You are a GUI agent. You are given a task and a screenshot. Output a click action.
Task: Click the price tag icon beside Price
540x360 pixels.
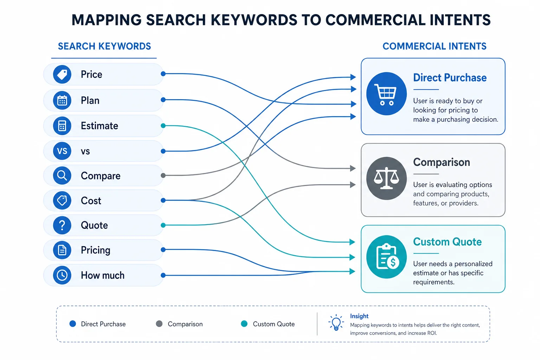click(62, 74)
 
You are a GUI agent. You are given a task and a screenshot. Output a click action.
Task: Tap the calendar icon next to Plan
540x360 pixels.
click(62, 100)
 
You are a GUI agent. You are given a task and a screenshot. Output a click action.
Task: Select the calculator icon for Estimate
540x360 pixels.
click(62, 126)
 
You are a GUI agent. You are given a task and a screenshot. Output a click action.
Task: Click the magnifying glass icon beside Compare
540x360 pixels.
click(62, 175)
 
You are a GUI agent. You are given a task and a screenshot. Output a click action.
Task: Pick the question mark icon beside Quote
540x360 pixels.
click(62, 225)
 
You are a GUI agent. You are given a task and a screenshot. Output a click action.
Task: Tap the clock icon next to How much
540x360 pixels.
click(62, 275)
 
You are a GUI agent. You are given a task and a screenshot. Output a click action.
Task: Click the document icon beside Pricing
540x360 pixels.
click(62, 250)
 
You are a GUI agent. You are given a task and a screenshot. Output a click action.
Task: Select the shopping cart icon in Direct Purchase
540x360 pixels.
click(386, 94)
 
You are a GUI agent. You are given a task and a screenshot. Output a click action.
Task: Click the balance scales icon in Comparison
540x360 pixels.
click(386, 179)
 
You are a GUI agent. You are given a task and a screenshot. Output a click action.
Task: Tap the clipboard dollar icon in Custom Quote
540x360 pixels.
click(386, 257)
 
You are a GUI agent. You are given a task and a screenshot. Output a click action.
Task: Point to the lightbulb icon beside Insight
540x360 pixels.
click(336, 322)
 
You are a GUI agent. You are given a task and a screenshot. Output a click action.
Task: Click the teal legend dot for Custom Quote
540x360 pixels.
click(244, 324)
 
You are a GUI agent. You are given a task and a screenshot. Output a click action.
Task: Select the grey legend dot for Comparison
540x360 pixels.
click(159, 324)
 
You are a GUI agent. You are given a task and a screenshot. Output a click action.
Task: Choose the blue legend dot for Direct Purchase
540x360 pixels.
click(72, 324)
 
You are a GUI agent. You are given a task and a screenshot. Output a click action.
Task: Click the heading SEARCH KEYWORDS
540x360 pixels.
click(104, 46)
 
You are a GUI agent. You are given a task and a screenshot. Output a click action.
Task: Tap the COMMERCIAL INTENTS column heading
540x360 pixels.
click(435, 46)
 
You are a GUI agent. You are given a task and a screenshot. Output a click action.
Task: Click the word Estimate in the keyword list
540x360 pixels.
click(99, 126)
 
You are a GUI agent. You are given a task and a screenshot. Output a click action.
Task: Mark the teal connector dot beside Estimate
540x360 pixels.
click(163, 126)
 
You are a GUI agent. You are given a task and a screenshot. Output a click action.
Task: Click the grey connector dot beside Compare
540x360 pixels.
click(163, 175)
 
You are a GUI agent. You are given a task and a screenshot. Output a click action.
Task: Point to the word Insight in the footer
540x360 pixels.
click(359, 316)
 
